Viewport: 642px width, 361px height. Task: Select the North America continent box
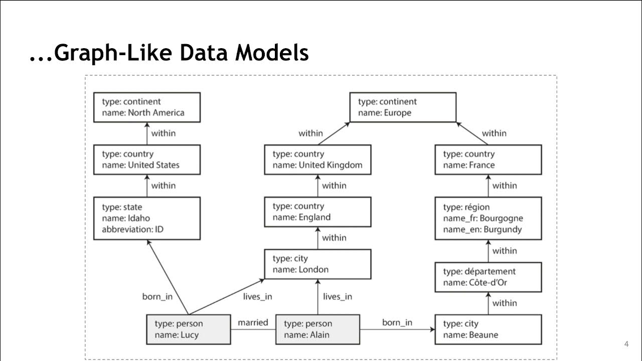click(147, 107)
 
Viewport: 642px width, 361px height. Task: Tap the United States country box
click(147, 159)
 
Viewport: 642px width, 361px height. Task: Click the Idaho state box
click(147, 218)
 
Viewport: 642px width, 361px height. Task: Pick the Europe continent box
click(403, 107)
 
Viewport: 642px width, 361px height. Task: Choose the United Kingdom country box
click(317, 159)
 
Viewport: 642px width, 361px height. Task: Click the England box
click(317, 212)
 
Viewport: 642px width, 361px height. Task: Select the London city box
click(317, 264)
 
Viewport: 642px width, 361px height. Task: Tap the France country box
click(488, 159)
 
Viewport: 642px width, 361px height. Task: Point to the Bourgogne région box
click(488, 218)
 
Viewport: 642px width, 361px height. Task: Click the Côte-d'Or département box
click(488, 277)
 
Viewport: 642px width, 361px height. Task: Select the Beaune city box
click(488, 329)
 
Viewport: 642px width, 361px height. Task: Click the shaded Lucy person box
click(188, 329)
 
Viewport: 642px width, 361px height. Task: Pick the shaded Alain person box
click(317, 329)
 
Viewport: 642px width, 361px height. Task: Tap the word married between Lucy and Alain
click(253, 322)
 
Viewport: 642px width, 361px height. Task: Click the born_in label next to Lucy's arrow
click(157, 296)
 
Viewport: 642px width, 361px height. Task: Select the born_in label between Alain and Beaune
click(397, 322)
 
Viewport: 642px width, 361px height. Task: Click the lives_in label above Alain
click(337, 296)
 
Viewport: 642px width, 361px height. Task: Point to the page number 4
click(626, 344)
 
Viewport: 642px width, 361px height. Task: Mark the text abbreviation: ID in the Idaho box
click(133, 230)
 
